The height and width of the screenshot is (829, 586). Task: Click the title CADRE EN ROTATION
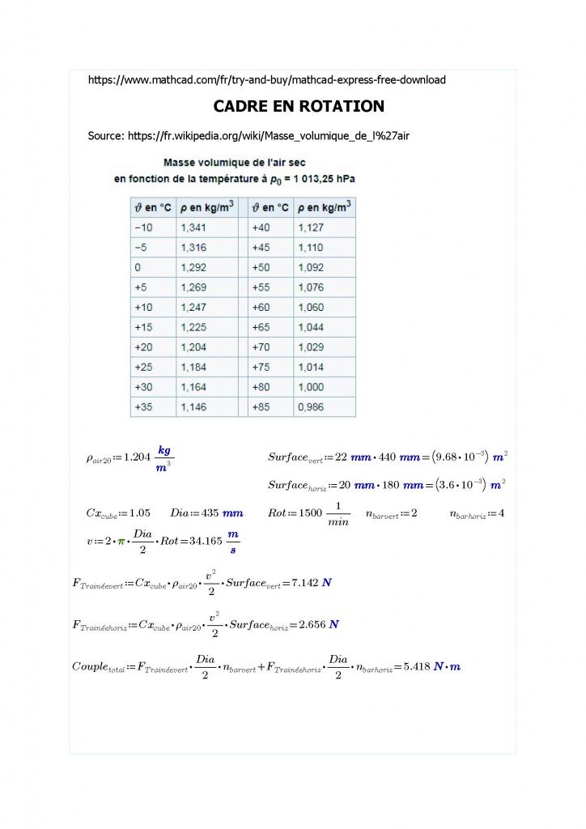(298, 107)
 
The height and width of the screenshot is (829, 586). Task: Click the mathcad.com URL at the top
(266, 79)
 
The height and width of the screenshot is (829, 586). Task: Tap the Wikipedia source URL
(248, 135)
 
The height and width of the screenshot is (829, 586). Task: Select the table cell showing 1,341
(193, 228)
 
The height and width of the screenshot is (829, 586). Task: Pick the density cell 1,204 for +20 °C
(193, 347)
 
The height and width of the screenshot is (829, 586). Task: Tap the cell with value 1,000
(311, 387)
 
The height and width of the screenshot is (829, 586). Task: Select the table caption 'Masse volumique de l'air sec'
(235, 163)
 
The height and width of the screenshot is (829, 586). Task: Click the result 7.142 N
(308, 582)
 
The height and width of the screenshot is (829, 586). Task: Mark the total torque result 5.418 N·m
(430, 666)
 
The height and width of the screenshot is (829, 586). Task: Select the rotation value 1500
(312, 513)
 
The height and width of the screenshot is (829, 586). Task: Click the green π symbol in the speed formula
(122, 539)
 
